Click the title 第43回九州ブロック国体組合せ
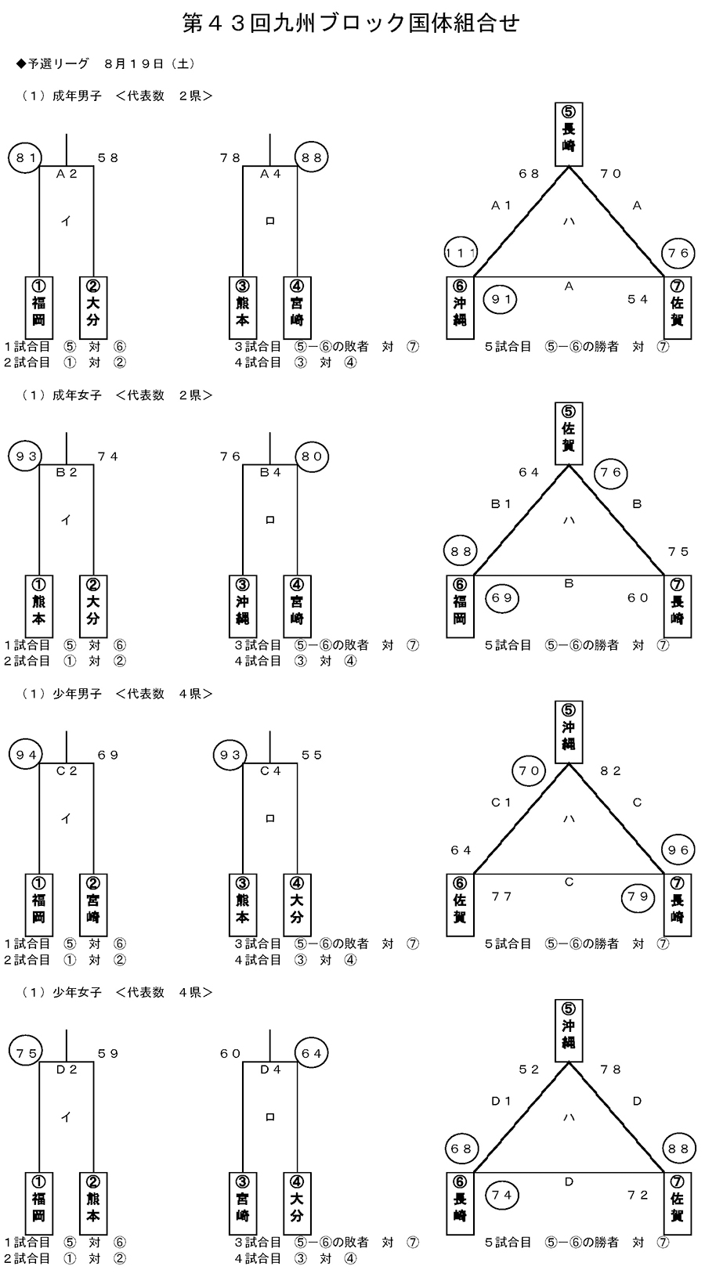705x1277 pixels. click(352, 23)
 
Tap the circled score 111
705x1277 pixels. click(461, 253)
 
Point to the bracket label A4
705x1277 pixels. click(270, 174)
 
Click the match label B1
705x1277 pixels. click(501, 504)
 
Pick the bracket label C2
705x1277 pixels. click(67, 771)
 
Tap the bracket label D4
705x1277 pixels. click(270, 1070)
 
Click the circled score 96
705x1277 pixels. click(678, 850)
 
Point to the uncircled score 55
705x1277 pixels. click(312, 755)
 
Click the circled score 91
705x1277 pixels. click(501, 299)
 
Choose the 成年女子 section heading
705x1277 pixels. click(78, 395)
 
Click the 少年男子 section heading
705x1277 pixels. click(78, 694)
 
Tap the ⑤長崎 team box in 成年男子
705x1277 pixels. click(569, 135)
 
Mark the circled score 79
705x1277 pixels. click(638, 896)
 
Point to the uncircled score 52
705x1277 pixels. click(530, 1070)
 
